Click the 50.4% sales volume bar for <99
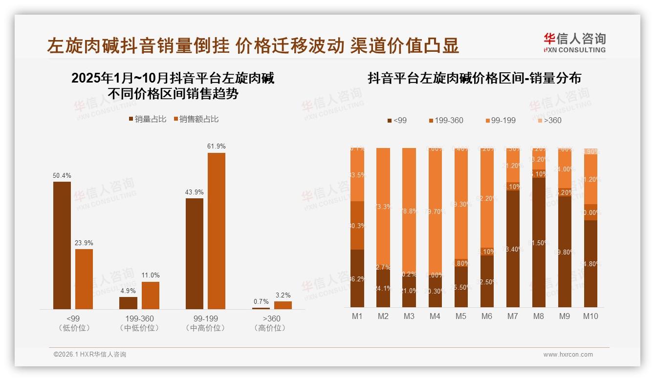[62, 245]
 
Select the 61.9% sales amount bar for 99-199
[217, 231]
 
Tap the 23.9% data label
[84, 243]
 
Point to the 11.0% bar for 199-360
[151, 295]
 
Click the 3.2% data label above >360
[283, 295]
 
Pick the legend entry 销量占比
[148, 119]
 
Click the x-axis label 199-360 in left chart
[139, 318]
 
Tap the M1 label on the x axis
[357, 316]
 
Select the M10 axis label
[590, 316]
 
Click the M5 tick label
[461, 316]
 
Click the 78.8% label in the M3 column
[409, 212]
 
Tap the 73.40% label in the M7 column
[513, 249]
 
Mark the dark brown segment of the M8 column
[539, 242]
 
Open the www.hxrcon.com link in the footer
[568, 355]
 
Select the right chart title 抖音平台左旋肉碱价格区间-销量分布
[474, 78]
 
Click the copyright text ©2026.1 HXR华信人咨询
[90, 355]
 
